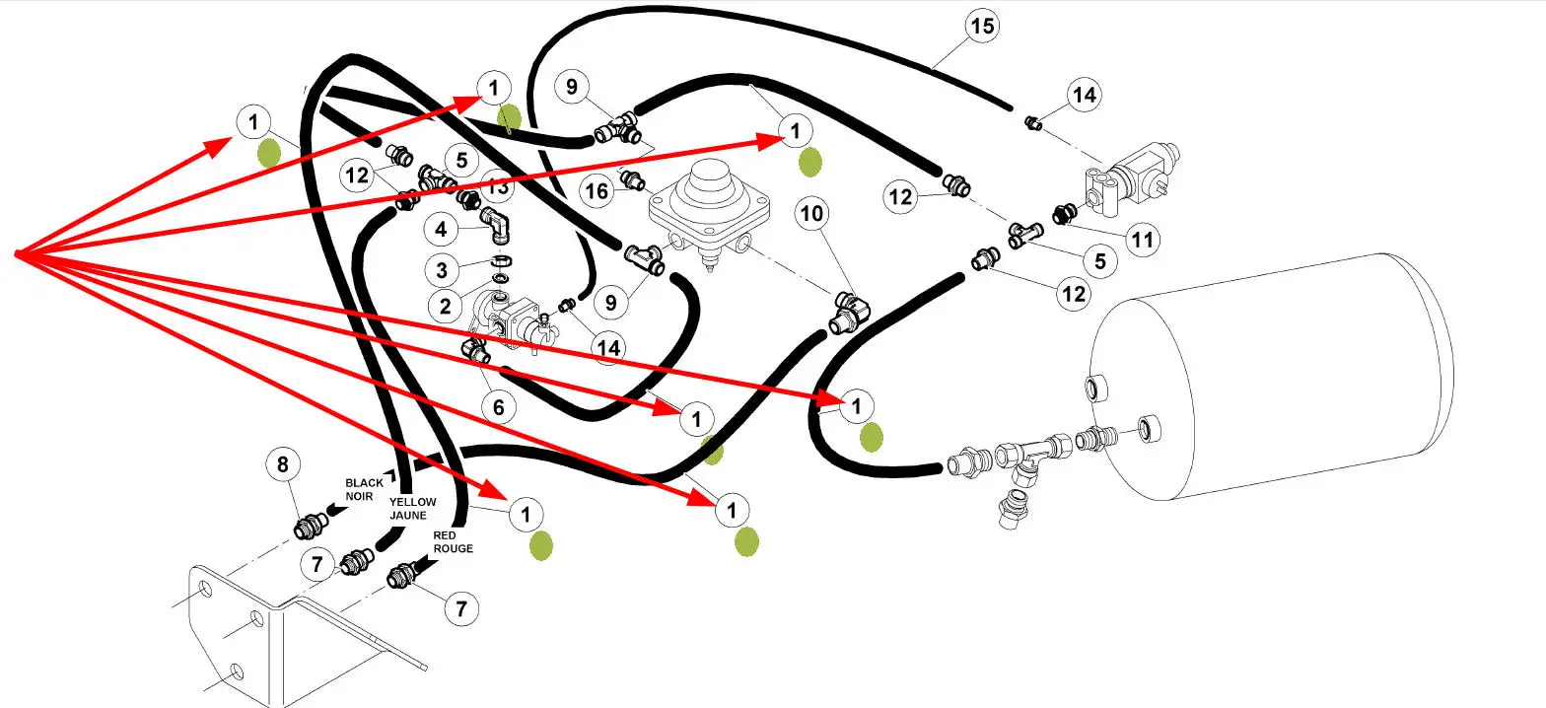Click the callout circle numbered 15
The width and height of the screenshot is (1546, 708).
[981, 26]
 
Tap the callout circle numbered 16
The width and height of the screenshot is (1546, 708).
[596, 190]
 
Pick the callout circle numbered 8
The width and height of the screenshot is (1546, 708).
[283, 464]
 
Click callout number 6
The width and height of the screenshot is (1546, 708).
[498, 407]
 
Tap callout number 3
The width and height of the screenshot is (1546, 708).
[443, 269]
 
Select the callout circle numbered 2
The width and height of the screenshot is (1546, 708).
[446, 307]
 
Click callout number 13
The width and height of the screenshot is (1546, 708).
[498, 184]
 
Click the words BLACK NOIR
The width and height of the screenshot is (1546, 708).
[359, 490]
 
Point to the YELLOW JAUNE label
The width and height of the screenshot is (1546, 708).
[412, 509]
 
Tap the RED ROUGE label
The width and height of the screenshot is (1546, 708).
[453, 541]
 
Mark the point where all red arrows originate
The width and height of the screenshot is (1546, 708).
[17, 255]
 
